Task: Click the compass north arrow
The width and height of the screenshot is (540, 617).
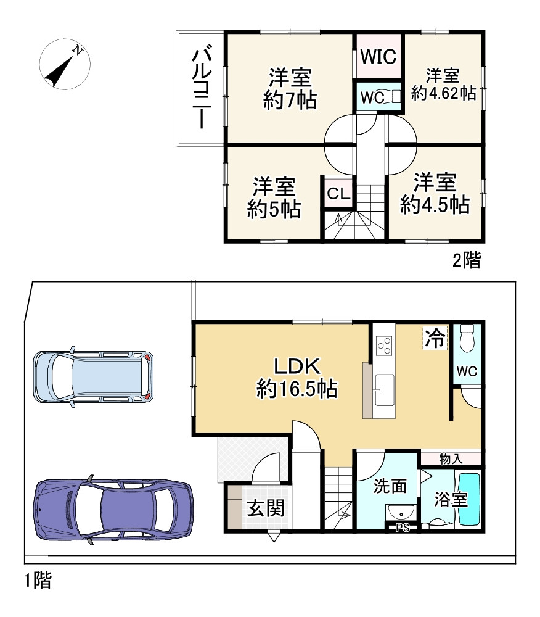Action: pyautogui.click(x=64, y=64)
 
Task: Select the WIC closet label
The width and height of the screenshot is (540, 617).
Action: pyautogui.click(x=378, y=57)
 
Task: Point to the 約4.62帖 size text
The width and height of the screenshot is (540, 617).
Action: pyautogui.click(x=443, y=94)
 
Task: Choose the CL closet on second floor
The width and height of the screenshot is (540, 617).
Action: pyautogui.click(x=338, y=194)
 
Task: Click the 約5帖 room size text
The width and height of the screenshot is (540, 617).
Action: pyautogui.click(x=274, y=210)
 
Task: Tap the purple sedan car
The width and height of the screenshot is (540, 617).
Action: pyautogui.click(x=113, y=510)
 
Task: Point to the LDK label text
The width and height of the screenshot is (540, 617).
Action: pyautogui.click(x=296, y=367)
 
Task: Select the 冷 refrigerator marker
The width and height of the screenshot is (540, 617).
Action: pyautogui.click(x=435, y=337)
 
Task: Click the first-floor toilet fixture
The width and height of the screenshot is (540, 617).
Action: pyautogui.click(x=467, y=338)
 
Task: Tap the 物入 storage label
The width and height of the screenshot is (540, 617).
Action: pyautogui.click(x=451, y=458)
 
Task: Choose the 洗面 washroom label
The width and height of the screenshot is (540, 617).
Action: pyautogui.click(x=390, y=486)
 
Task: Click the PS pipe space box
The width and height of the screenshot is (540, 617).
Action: pyautogui.click(x=402, y=527)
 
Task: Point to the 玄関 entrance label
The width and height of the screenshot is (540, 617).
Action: pyautogui.click(x=266, y=508)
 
